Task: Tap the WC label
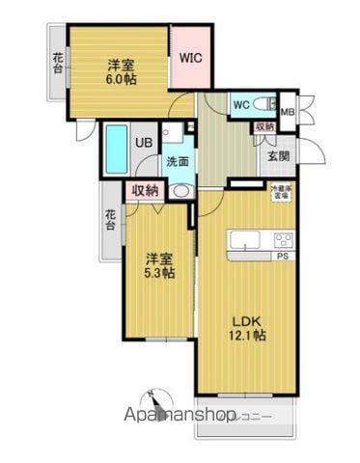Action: coord(240,105)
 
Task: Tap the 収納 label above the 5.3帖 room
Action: coord(144,190)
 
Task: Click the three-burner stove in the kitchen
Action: coord(284,240)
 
